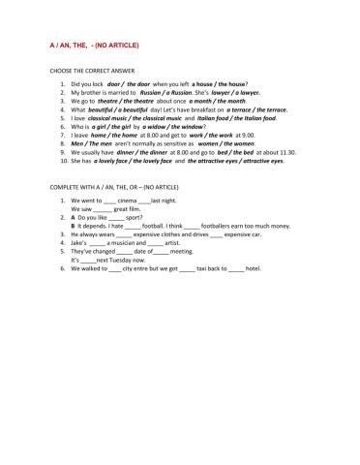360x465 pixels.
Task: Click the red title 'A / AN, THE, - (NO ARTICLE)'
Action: coord(93,45)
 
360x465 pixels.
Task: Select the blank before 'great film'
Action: coord(103,209)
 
